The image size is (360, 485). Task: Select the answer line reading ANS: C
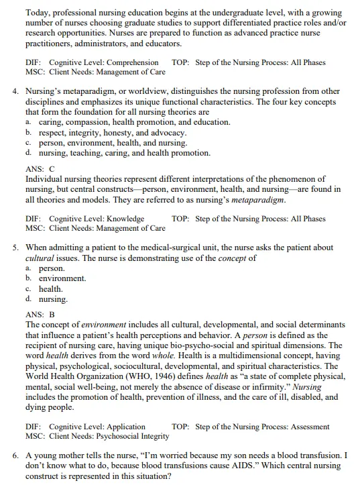pos(40,168)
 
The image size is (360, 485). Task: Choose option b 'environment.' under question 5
pos(62,278)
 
